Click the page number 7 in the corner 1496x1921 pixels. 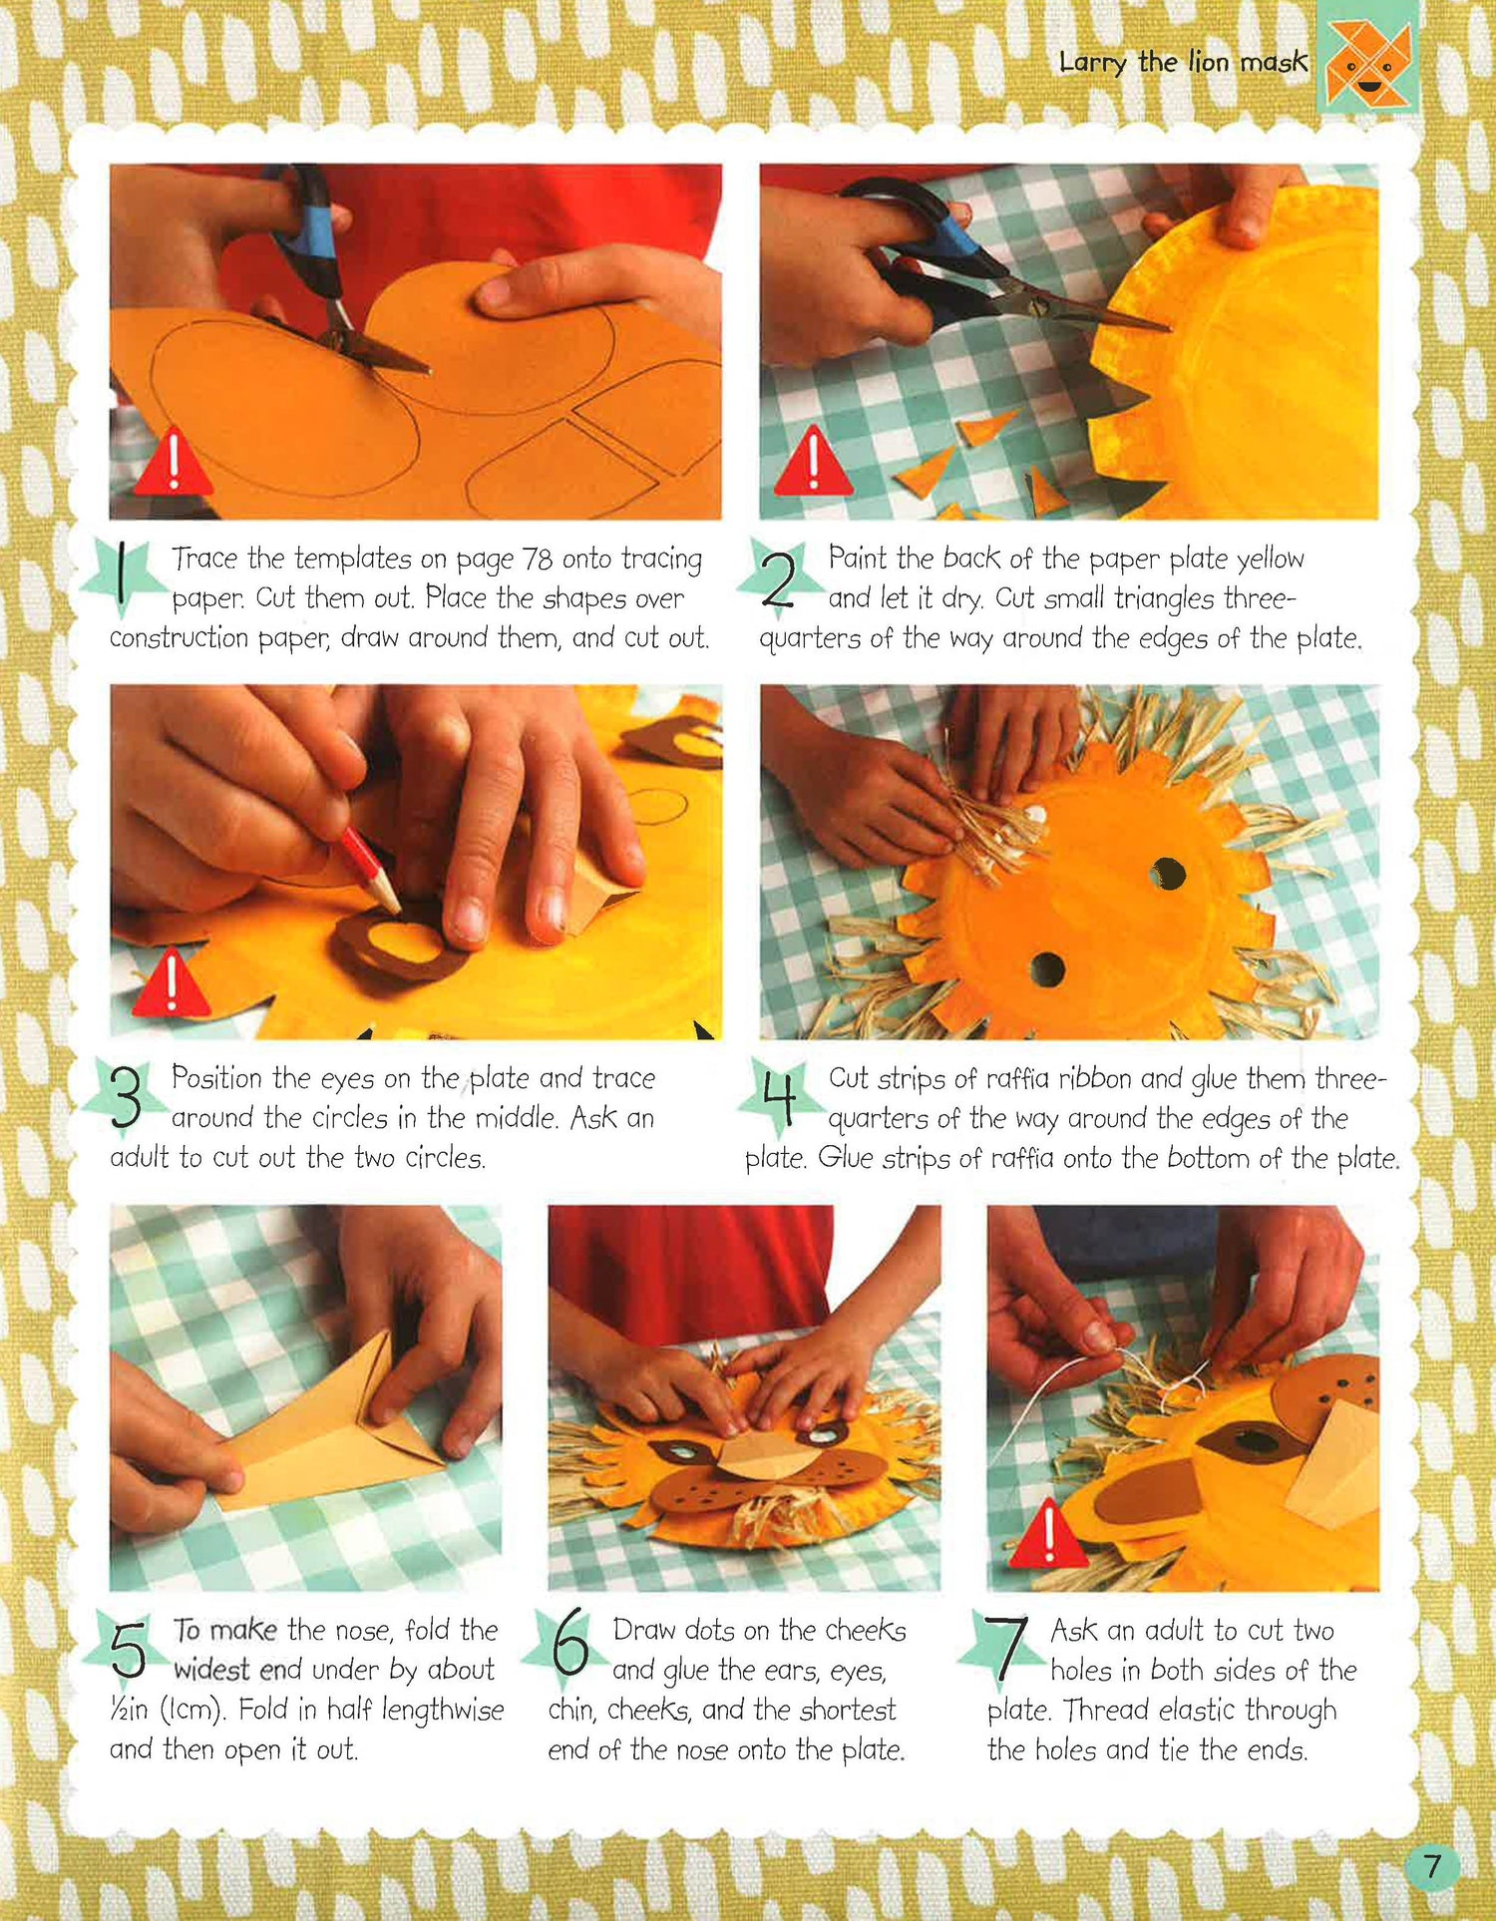tap(1432, 1865)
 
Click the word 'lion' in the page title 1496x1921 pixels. tap(1208, 62)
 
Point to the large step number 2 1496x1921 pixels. tap(779, 577)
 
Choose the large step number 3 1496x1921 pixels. tap(126, 1097)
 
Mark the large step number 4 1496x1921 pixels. tap(779, 1095)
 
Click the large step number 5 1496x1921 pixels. tap(128, 1648)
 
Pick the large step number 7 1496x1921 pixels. tap(1007, 1646)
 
